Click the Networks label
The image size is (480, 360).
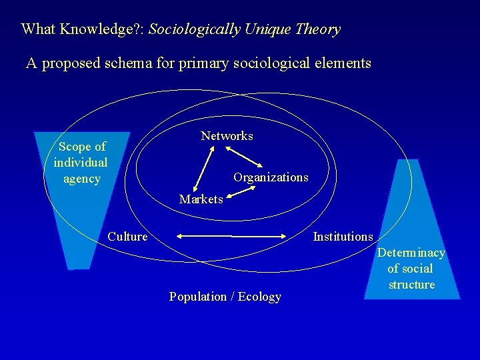click(x=227, y=136)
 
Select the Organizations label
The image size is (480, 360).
click(x=271, y=177)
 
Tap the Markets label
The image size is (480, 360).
click(x=201, y=199)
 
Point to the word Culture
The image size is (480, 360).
click(x=127, y=237)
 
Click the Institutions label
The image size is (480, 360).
click(x=343, y=237)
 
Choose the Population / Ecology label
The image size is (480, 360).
click(x=225, y=297)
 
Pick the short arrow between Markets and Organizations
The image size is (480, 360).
click(x=241, y=193)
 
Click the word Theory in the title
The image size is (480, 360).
click(x=318, y=29)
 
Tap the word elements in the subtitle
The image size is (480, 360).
click(x=343, y=63)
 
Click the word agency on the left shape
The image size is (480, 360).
click(x=81, y=179)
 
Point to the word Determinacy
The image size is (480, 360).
click(x=411, y=253)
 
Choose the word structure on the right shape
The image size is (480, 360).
click(x=411, y=285)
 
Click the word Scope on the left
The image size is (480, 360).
click(x=73, y=147)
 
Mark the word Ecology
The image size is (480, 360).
click(x=259, y=297)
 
